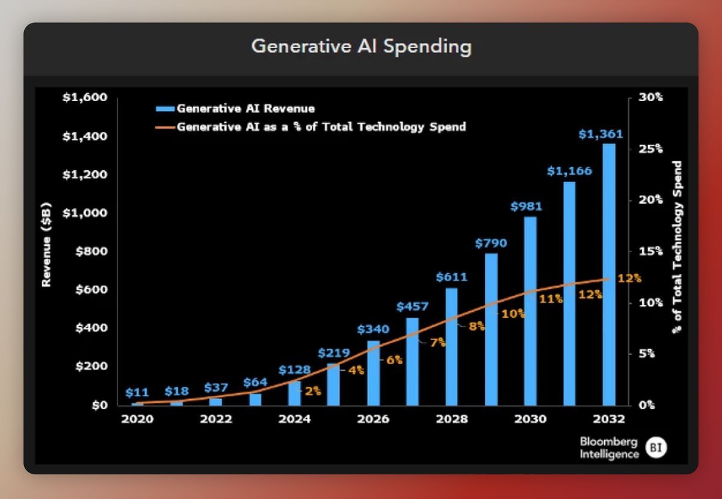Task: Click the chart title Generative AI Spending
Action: tap(361, 48)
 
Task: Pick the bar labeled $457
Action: tap(412, 361)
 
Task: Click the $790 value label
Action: tap(490, 243)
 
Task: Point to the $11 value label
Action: tap(138, 392)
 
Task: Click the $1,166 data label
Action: tap(569, 171)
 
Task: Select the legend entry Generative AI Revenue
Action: tap(245, 109)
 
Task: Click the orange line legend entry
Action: tap(321, 127)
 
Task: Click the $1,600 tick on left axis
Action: tap(85, 98)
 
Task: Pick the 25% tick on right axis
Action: tap(650, 149)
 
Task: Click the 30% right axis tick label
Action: tap(650, 98)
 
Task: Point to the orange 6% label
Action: tap(394, 359)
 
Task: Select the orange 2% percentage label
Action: tap(313, 391)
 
